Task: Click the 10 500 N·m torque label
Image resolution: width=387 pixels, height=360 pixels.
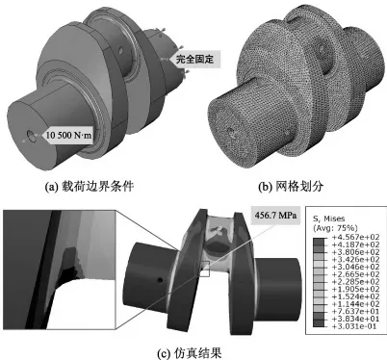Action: click(68, 135)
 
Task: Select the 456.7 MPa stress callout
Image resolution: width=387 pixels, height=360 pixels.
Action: click(275, 215)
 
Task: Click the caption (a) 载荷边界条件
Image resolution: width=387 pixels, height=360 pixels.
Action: click(90, 187)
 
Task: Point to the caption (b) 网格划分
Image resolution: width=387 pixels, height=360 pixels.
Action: click(291, 187)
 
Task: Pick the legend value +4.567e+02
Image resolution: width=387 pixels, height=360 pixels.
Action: click(353, 237)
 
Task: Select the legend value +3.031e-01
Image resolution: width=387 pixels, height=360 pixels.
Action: click(351, 326)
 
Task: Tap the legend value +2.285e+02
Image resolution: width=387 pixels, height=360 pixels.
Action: click(353, 282)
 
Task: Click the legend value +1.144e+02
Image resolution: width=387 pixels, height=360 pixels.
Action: click(353, 304)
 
